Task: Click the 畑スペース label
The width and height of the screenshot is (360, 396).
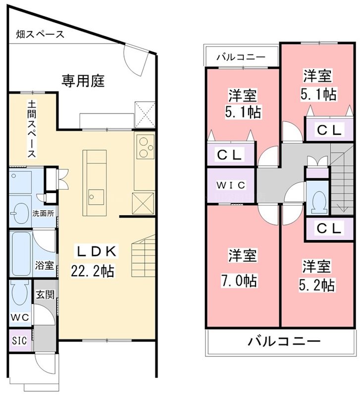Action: (39, 35)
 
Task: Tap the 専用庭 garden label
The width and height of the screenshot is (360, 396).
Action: (83, 81)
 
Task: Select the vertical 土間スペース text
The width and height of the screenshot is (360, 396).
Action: (31, 129)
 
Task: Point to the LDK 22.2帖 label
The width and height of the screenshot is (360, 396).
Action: (97, 262)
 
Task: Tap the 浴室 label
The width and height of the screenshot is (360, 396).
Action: (45, 265)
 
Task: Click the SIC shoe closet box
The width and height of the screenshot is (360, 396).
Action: (20, 342)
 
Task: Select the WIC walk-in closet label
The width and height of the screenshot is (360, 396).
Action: (230, 185)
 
